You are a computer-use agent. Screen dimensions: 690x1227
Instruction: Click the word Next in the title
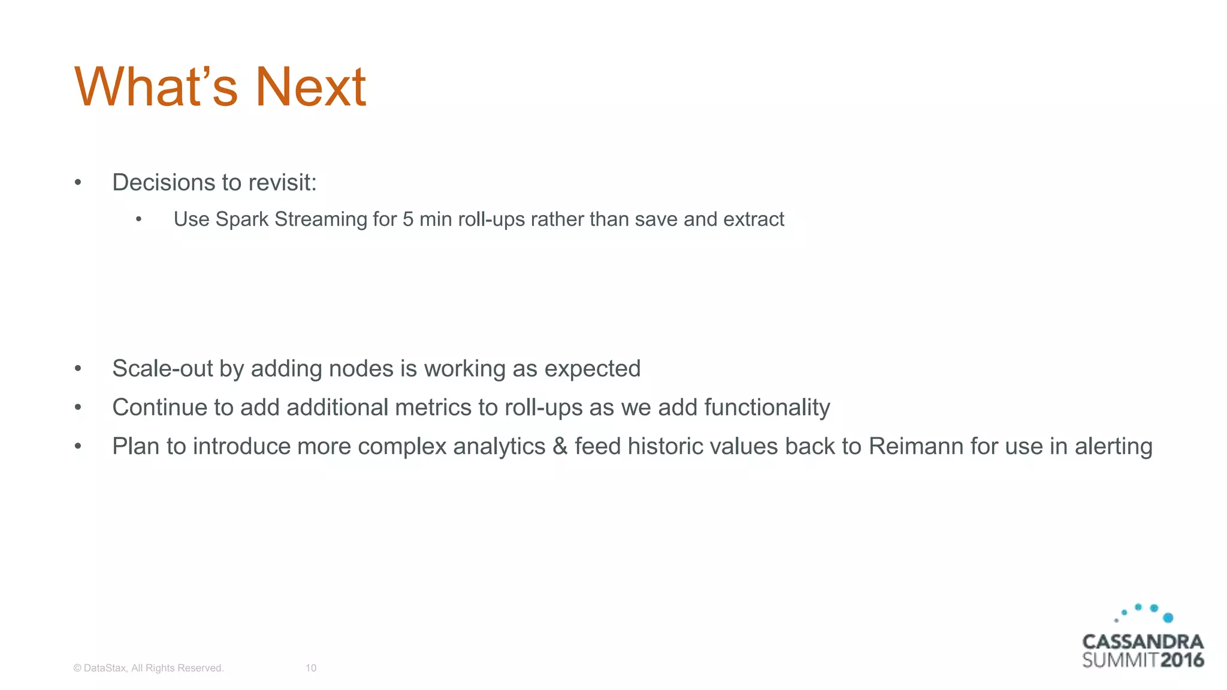coord(310,87)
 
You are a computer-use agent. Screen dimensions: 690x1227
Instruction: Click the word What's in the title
coord(156,87)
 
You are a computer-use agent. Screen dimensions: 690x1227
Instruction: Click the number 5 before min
coord(407,219)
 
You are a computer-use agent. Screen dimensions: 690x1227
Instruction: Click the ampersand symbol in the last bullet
coord(560,446)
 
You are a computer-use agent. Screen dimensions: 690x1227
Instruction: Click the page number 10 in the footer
coord(311,668)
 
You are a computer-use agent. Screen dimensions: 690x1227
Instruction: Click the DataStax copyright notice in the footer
coord(149,668)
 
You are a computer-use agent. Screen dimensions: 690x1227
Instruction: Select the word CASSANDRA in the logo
coord(1143,642)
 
